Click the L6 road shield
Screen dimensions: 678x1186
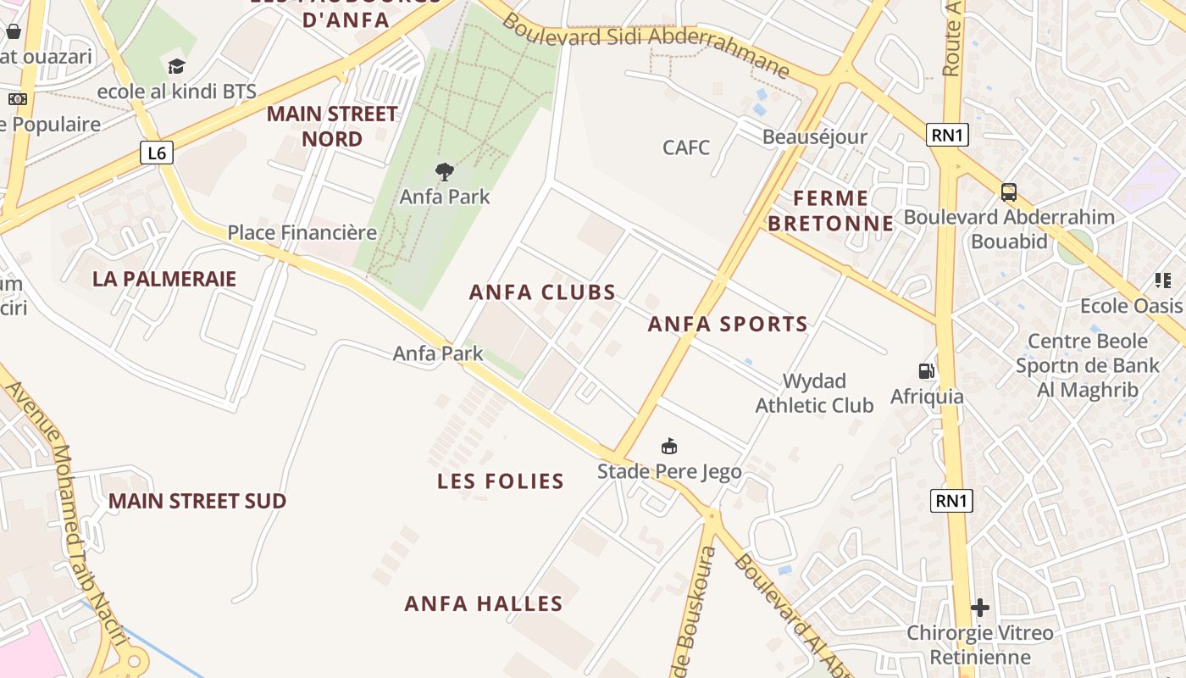(157, 153)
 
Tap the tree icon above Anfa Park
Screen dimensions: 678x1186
(445, 172)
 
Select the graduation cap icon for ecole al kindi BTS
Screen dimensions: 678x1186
(176, 67)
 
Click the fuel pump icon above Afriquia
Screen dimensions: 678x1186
(927, 371)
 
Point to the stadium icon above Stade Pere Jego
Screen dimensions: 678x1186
(669, 446)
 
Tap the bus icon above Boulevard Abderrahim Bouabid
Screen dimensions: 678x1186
(1008, 192)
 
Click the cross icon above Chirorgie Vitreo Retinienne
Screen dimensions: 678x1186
(980, 608)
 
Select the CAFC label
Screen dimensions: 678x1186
(686, 147)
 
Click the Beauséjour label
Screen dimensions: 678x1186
(815, 137)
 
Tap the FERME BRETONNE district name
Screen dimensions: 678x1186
(842, 211)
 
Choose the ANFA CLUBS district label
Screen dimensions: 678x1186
(543, 292)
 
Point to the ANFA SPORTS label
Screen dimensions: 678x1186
(728, 324)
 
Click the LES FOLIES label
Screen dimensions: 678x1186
(501, 481)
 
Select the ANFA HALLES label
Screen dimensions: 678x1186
(484, 603)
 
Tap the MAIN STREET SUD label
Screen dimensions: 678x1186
(197, 501)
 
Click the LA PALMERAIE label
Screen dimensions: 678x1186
(164, 279)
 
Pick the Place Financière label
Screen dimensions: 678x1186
(302, 232)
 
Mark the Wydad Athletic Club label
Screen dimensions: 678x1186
(814, 393)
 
